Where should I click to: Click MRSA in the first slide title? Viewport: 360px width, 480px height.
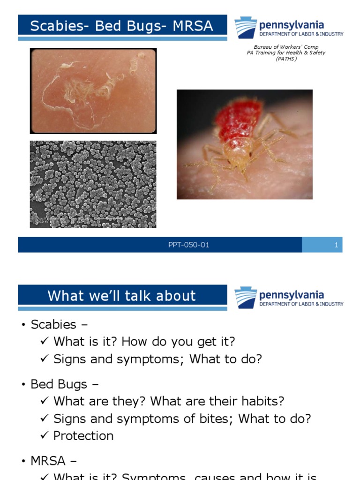point(193,26)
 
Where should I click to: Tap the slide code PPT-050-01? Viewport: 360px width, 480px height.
point(188,245)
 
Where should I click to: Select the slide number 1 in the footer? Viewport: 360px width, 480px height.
point(336,245)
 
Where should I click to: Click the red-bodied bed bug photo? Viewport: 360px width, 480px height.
point(244,144)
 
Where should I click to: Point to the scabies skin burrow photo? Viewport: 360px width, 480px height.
point(93,91)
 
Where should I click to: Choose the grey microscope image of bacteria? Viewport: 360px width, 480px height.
point(93,184)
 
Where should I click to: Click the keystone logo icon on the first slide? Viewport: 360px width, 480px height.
point(245,27)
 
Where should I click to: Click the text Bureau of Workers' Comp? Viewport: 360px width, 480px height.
point(285,47)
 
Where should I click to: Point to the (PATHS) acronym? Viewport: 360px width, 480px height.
point(286,59)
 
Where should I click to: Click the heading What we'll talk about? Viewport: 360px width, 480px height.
point(121,296)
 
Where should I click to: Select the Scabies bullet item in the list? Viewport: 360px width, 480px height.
point(53,324)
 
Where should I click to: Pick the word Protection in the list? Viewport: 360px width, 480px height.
point(83,436)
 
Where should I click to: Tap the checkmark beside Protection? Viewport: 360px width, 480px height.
point(45,436)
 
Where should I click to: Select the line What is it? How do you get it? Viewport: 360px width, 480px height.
point(144,342)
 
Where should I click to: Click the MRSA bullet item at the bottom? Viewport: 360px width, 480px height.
point(48,461)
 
